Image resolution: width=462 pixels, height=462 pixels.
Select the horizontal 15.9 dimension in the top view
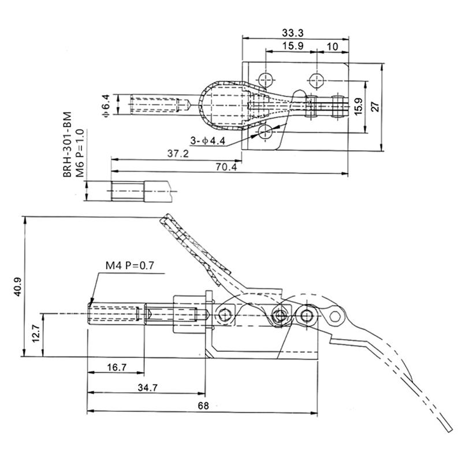click(x=293, y=46)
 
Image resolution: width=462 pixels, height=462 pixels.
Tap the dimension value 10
click(x=332, y=46)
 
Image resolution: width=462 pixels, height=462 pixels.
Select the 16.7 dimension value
click(x=115, y=367)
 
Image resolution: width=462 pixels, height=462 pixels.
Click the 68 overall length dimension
click(x=203, y=406)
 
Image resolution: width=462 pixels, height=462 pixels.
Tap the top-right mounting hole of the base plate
click(x=315, y=79)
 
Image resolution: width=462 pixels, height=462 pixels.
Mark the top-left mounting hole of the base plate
click(x=266, y=79)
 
